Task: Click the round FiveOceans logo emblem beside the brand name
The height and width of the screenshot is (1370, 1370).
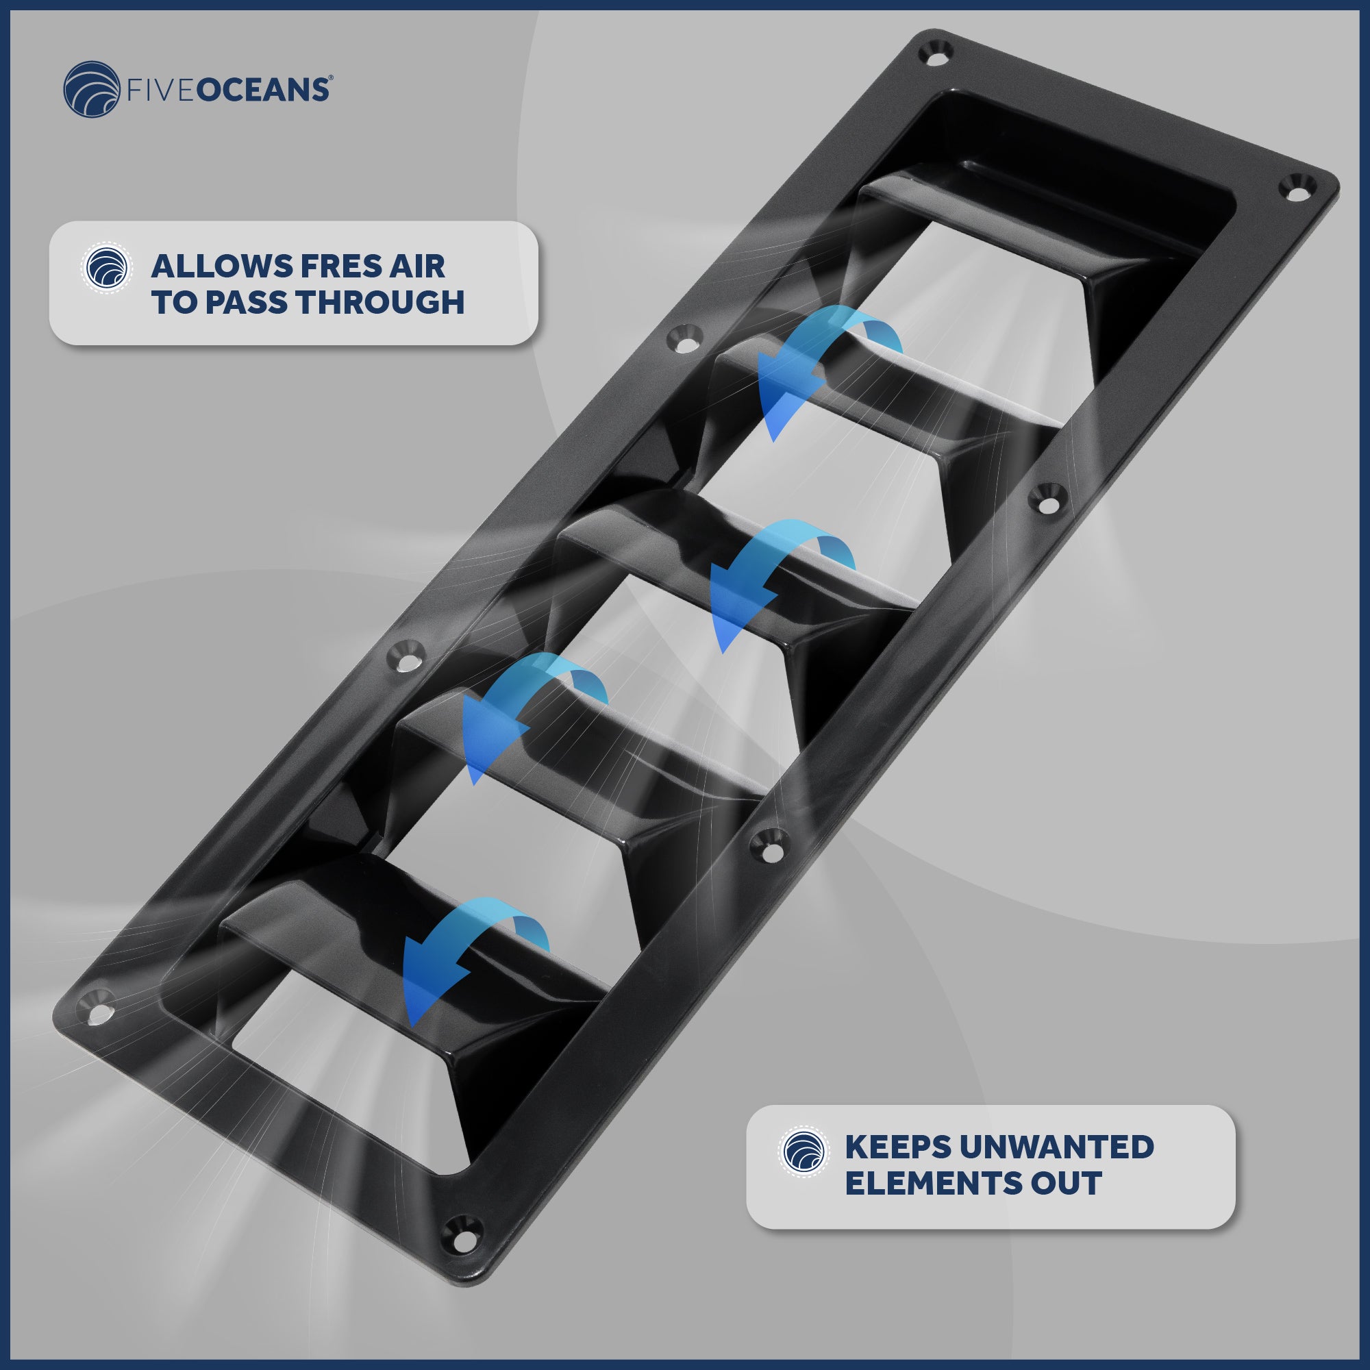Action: tap(92, 89)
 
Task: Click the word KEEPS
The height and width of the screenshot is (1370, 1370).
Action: tap(899, 1147)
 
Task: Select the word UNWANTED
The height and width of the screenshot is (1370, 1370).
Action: tap(1057, 1147)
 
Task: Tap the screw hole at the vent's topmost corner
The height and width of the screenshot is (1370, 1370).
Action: tap(935, 53)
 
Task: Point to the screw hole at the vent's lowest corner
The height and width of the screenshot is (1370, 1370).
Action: tap(462, 1231)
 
